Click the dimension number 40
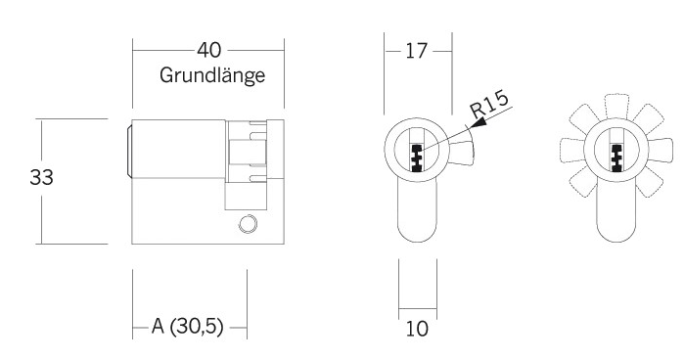pyautogui.click(x=209, y=50)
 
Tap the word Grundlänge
pyautogui.click(x=212, y=75)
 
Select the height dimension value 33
pyautogui.click(x=41, y=177)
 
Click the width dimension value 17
pyautogui.click(x=416, y=51)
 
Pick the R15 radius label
pyautogui.click(x=489, y=105)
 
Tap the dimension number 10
pyautogui.click(x=417, y=329)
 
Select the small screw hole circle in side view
pyautogui.click(x=248, y=224)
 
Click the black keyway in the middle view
pyautogui.click(x=417, y=157)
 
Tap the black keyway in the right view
pyautogui.click(x=616, y=157)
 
